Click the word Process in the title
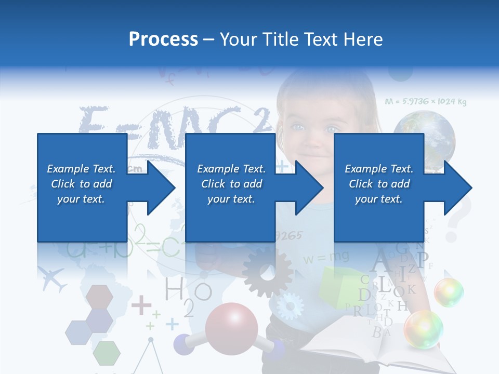pos(163,39)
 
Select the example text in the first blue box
pos(81,184)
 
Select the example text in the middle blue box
pos(231,184)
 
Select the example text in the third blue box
pos(379,184)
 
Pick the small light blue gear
pos(290,305)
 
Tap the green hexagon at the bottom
pos(107,353)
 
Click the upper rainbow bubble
pos(449,292)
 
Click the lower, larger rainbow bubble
pos(424,329)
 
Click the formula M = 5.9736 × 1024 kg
pos(425,102)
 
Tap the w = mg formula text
pos(326,257)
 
